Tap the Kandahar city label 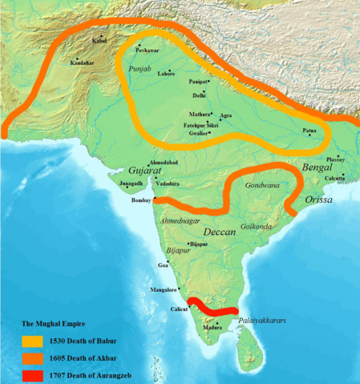82,63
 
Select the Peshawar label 148,51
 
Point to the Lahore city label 167,74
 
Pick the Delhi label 200,95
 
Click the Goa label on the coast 163,265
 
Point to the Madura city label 212,327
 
